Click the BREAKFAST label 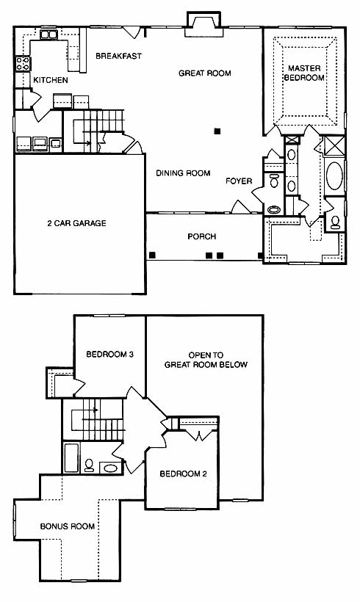118,56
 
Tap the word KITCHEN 51,80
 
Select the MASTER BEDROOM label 304,73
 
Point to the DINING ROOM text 183,173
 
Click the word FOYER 239,181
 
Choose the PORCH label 202,236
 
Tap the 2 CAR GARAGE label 77,223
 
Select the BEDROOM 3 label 109,354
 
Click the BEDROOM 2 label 183,474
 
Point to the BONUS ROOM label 68,526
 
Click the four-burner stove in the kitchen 23,64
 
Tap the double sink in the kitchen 48,35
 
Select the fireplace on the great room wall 204,24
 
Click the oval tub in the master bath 334,175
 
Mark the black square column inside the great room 217,131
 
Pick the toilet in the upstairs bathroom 89,465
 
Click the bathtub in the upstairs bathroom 71,457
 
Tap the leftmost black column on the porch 153,255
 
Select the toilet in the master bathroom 336,222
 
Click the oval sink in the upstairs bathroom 110,468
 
